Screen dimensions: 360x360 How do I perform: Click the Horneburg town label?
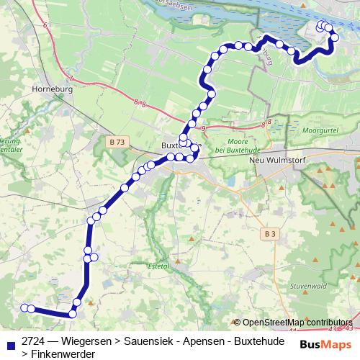(x=49, y=90)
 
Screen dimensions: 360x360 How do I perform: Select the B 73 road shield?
(x=117, y=143)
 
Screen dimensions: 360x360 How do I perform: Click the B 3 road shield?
(x=270, y=233)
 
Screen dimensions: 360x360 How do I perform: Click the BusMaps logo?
(x=324, y=344)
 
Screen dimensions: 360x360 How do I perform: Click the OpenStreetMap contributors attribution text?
(x=297, y=323)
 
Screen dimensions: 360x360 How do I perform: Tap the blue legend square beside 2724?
(x=9, y=341)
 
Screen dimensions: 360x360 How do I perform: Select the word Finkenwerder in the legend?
(x=57, y=354)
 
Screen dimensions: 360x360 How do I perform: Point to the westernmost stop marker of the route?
(x=24, y=308)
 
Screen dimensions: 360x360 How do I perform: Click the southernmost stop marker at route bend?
(x=73, y=314)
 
